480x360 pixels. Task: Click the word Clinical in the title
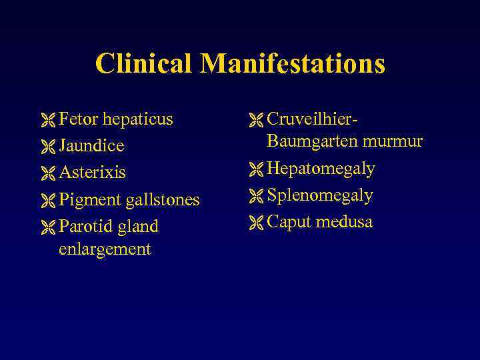[144, 64]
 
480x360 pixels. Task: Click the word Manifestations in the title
[293, 64]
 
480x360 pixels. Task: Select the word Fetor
[77, 119]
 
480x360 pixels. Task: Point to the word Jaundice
[91, 146]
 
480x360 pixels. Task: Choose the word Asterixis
[92, 173]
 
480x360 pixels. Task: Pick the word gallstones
[163, 200]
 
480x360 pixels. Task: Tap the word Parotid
[86, 226]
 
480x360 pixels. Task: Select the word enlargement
[105, 249]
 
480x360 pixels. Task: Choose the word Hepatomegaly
[321, 169]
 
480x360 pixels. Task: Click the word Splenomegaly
[320, 196]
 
